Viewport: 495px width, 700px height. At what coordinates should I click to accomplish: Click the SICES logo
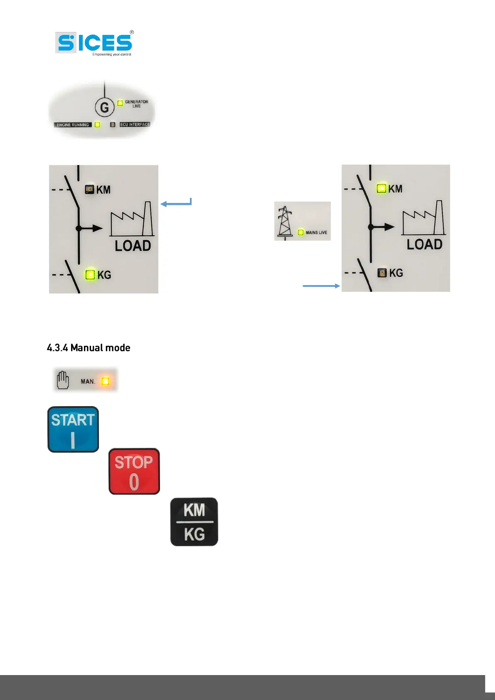click(x=95, y=43)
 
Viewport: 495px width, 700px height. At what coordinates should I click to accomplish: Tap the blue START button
click(x=73, y=429)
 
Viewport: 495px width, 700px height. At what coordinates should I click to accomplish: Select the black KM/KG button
click(x=194, y=522)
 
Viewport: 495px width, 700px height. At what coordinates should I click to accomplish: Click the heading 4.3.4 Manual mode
click(x=89, y=348)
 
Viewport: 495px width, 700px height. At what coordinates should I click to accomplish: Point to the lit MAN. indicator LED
click(x=106, y=381)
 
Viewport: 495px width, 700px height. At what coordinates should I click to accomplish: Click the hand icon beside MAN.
click(x=63, y=380)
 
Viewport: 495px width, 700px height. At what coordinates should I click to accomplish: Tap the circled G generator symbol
click(x=104, y=108)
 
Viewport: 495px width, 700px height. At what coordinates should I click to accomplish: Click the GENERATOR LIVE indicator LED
click(x=120, y=103)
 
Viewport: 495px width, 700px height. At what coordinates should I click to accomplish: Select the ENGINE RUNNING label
click(x=73, y=125)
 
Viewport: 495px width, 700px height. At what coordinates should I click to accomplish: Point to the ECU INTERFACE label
click(x=135, y=124)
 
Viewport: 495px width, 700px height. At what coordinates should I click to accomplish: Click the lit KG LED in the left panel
click(x=90, y=275)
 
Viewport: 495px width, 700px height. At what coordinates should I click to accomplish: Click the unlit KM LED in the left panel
click(x=89, y=190)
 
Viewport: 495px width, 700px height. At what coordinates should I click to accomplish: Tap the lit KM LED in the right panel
click(x=381, y=189)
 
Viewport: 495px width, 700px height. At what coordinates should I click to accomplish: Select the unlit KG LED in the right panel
click(x=382, y=273)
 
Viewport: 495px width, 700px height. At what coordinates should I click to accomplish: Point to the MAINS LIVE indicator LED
click(x=300, y=232)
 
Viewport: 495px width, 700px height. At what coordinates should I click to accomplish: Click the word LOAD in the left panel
click(x=133, y=246)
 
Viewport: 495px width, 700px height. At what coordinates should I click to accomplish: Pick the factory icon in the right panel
click(x=423, y=218)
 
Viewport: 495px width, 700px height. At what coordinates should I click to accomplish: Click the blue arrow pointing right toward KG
click(x=321, y=286)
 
